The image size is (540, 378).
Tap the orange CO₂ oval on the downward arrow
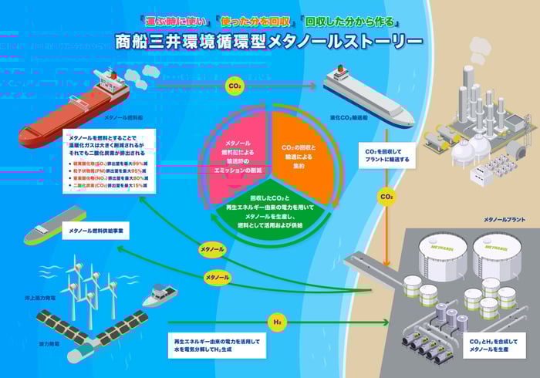tap(386, 197)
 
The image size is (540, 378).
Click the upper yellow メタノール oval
tap(211, 250)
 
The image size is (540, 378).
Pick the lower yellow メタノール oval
tap(217, 276)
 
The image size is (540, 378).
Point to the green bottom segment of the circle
tap(270, 209)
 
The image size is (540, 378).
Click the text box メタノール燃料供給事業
tap(97, 231)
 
